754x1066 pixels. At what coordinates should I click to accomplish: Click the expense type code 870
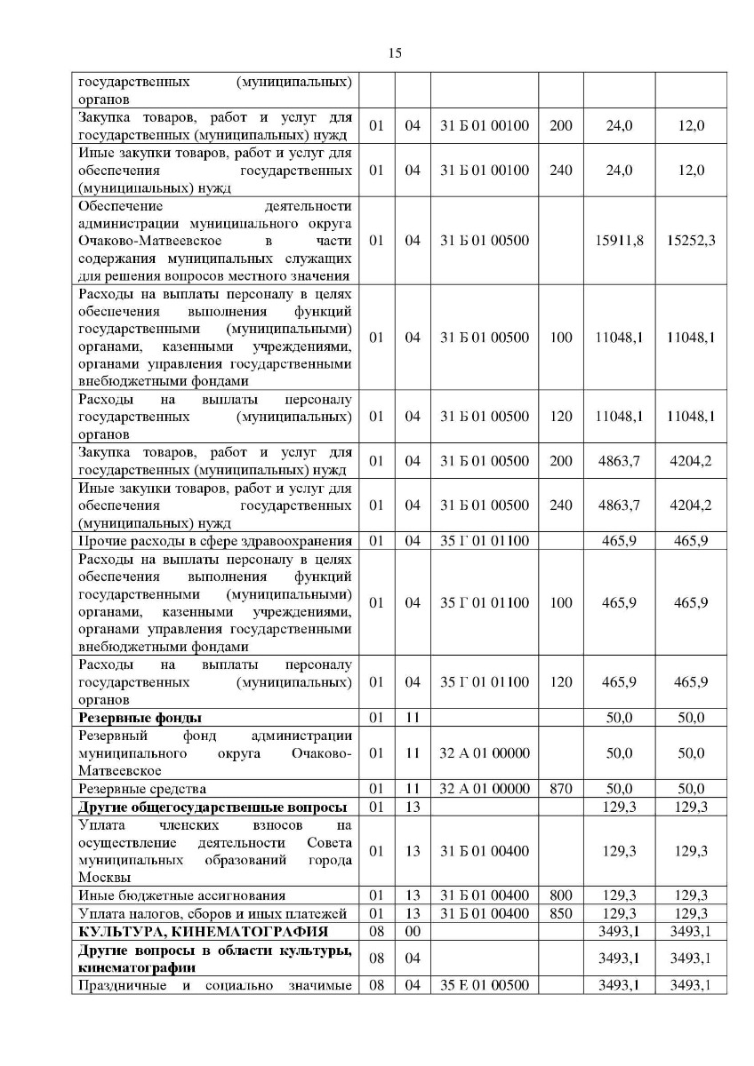[x=560, y=789]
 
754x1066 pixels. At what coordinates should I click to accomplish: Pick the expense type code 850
[x=560, y=913]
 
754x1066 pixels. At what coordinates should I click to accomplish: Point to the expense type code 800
[x=560, y=895]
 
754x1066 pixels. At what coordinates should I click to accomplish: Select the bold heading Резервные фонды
[x=140, y=718]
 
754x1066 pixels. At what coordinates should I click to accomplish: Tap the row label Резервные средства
[x=142, y=789]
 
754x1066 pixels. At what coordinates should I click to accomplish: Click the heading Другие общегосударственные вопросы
[x=212, y=807]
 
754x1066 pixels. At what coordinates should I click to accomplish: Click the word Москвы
[x=102, y=878]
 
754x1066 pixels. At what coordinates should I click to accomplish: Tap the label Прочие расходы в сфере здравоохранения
[x=215, y=541]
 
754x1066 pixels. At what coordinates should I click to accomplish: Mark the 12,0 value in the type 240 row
[x=691, y=170]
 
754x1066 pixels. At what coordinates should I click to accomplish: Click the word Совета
[x=329, y=842]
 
